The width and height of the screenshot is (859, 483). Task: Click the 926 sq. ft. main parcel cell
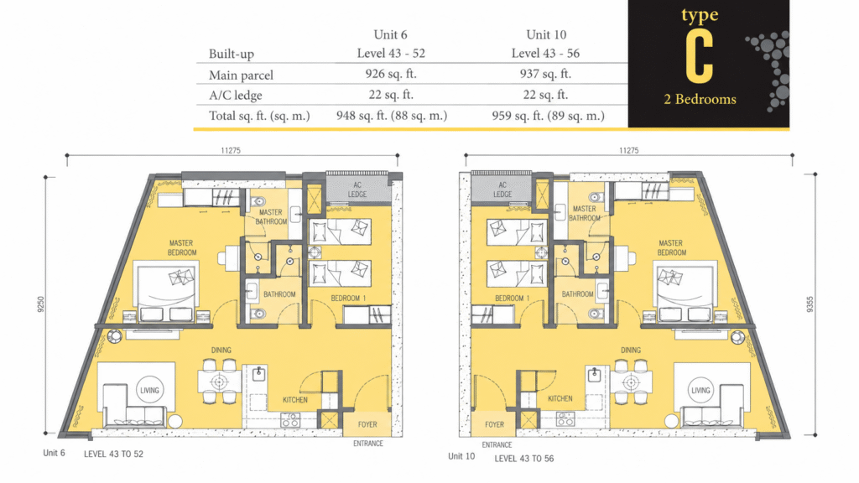coord(391,74)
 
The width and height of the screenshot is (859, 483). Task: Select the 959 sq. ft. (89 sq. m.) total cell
coord(548,116)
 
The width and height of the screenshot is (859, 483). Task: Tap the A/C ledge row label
coord(236,96)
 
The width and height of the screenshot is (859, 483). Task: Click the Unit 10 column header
coord(546,34)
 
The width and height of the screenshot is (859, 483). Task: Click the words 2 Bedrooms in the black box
coord(700,99)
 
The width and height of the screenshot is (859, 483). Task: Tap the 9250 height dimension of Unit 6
coord(40,304)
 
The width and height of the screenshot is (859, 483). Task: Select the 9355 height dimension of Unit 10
coord(810,304)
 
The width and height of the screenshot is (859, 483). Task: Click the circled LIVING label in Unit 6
coord(149,391)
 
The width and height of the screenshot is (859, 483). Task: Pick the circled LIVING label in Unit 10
coord(700,391)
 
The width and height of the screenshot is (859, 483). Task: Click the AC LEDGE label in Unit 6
coord(357,190)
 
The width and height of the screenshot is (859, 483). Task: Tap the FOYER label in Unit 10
coord(494,424)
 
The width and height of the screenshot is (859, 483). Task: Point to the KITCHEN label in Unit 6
coord(294,400)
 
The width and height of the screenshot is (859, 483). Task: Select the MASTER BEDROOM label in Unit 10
coord(671,247)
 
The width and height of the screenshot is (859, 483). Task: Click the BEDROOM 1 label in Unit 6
coord(348,299)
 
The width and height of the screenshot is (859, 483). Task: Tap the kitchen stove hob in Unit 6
coord(289,420)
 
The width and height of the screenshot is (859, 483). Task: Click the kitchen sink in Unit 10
coord(594,375)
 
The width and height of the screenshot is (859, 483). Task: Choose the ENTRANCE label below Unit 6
coord(368,444)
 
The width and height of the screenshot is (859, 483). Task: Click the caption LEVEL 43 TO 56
coord(523,459)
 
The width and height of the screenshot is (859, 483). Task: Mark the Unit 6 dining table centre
coord(219,382)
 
